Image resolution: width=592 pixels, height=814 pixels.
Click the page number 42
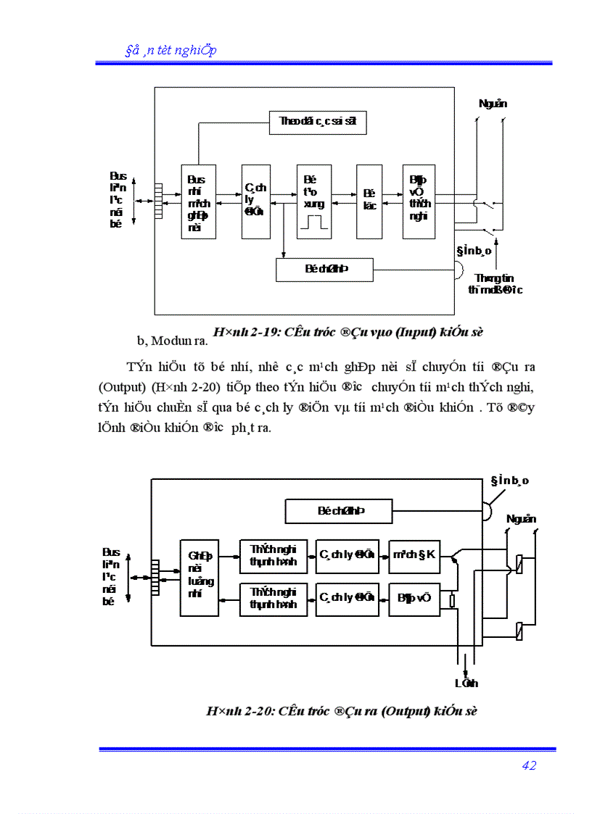pyautogui.click(x=528, y=765)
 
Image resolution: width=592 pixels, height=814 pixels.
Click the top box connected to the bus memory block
pyautogui.click(x=317, y=122)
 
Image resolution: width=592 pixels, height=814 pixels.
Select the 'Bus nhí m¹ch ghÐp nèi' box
pyautogui.click(x=197, y=202)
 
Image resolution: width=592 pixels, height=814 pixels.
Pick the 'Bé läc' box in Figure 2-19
pyautogui.click(x=369, y=202)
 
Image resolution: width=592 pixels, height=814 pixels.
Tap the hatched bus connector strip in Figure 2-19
pyautogui.click(x=157, y=202)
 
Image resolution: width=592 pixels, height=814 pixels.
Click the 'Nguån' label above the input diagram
pyautogui.click(x=493, y=104)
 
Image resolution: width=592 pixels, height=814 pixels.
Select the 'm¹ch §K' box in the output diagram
pyautogui.click(x=414, y=555)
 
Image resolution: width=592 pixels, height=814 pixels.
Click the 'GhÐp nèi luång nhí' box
pyautogui.click(x=199, y=578)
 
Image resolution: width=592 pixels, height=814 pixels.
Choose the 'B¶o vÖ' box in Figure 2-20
pyautogui.click(x=414, y=598)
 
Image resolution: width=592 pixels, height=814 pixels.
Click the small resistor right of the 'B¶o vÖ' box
pyautogui.click(x=453, y=600)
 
